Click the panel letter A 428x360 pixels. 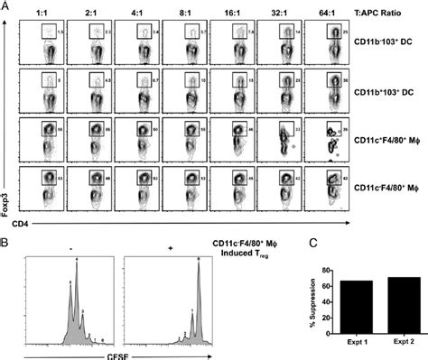[x=5, y=6]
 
